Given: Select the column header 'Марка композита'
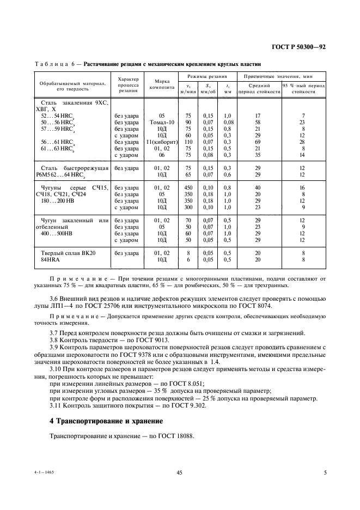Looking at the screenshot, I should pyautogui.click(x=161, y=83).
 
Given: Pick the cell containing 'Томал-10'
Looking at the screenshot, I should pyautogui.click(x=161, y=122).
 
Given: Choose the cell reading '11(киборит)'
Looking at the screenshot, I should pyautogui.click(x=161, y=142).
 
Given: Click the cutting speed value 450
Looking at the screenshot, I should pyautogui.click(x=188, y=187).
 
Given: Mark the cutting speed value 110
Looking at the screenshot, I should pyautogui.click(x=188, y=142).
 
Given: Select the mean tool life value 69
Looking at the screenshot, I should pyautogui.click(x=258, y=142).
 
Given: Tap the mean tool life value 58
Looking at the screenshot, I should pyautogui.click(x=258, y=122).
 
